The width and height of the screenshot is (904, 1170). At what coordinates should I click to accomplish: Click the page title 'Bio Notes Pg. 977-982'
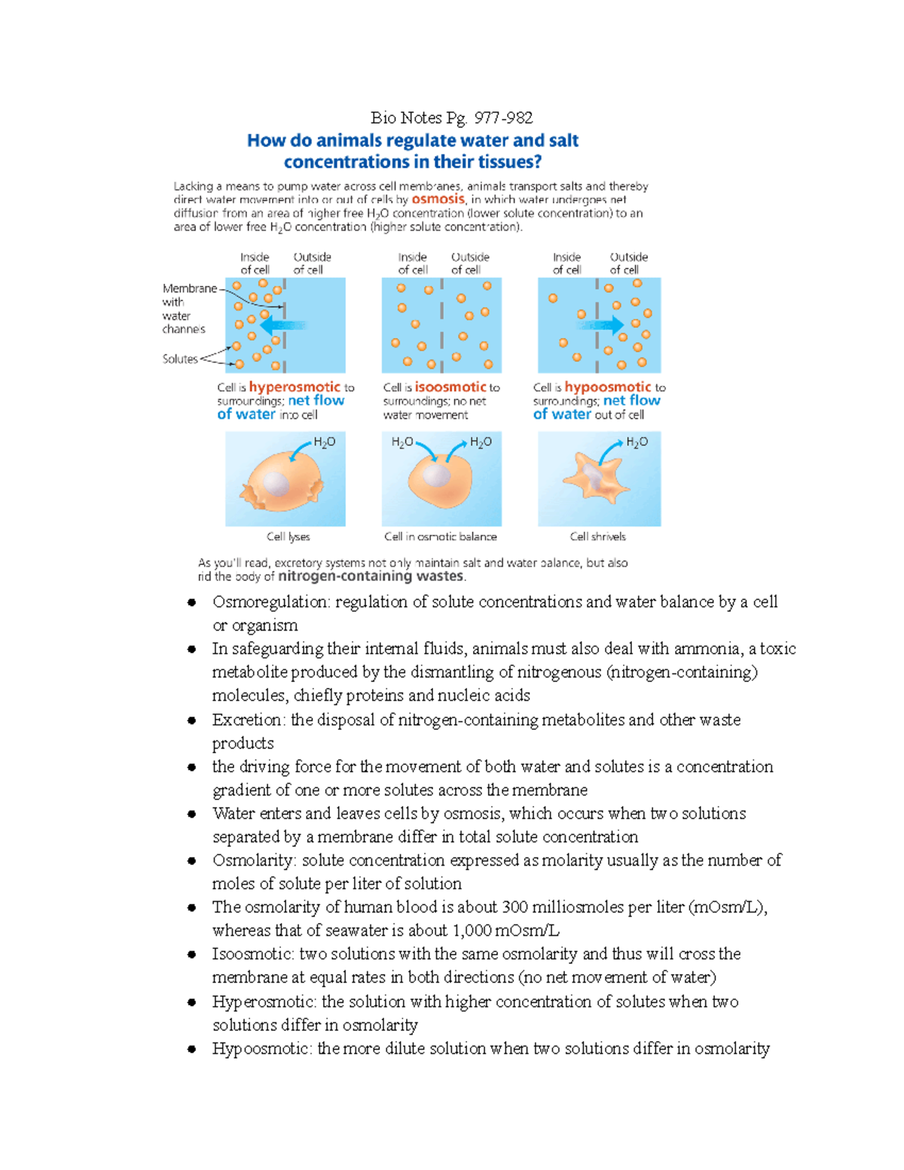coord(451,118)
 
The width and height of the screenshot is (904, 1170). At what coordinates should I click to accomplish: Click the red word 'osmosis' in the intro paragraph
coord(438,200)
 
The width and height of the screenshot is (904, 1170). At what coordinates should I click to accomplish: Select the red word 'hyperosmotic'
coord(295,387)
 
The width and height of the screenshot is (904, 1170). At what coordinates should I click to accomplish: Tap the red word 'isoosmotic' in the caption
coord(450,387)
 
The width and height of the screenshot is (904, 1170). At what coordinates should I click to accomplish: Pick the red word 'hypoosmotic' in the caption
coord(607,387)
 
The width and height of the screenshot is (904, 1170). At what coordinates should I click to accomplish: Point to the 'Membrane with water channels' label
coord(185,309)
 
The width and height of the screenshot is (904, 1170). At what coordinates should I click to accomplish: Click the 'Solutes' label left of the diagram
coord(180,359)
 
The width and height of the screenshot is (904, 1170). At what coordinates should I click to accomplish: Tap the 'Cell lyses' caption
coord(288,536)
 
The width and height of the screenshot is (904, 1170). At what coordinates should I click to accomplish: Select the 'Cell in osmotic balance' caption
coord(440,536)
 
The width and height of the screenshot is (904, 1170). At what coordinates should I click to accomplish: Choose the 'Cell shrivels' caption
coord(597,536)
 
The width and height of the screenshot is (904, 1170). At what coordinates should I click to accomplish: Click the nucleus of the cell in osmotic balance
coord(436,475)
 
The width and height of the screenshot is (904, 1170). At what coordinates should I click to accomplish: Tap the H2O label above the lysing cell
coord(325,442)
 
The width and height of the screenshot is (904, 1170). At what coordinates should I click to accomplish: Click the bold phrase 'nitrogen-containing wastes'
coord(371,576)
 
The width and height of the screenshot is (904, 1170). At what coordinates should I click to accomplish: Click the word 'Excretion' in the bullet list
coord(248,719)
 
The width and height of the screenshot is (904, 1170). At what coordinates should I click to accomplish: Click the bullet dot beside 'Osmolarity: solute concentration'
coord(192,860)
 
